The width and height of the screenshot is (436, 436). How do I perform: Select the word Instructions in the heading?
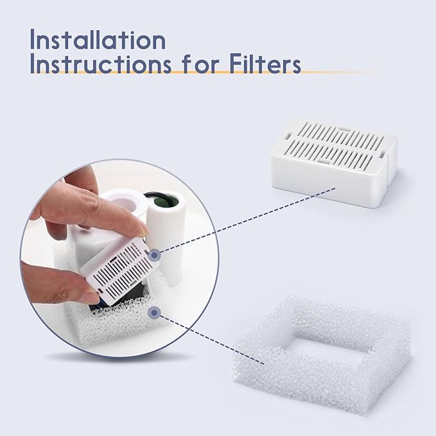point(100,65)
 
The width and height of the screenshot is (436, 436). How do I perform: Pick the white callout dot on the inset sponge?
point(153,313)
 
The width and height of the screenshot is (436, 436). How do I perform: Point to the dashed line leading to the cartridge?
point(244,222)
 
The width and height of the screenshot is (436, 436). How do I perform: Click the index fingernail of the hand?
point(137,227)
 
